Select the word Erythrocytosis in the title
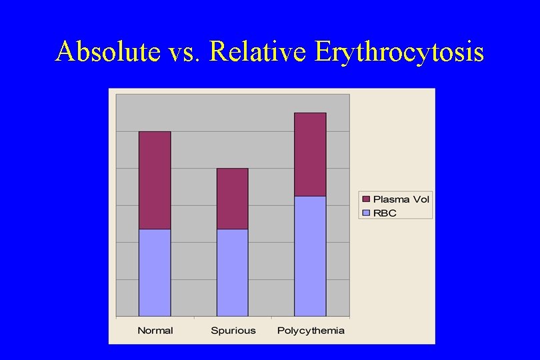coord(399,52)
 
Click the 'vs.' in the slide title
coord(182,52)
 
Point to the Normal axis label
coord(155,331)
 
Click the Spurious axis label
coord(232,331)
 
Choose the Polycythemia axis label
coord(311,331)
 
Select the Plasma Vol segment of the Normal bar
coord(155,180)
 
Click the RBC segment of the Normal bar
coord(155,272)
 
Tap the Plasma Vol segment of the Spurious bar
coord(232,199)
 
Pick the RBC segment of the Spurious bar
coord(232,272)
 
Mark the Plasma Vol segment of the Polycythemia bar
coord(310,154)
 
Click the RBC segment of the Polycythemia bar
coord(310,256)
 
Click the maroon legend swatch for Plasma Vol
coord(366,199)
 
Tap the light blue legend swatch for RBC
coord(366,213)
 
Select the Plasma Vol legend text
coord(401,199)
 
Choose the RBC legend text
coord(385,213)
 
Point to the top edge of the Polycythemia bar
coord(310,113)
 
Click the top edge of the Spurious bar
coord(232,169)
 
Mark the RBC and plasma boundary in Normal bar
coord(155,229)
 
